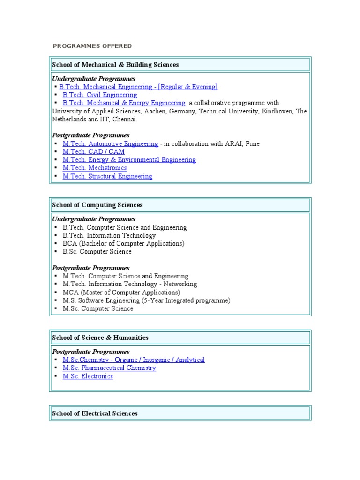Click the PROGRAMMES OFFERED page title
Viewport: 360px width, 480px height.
point(92,46)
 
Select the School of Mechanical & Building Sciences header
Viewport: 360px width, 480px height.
point(115,65)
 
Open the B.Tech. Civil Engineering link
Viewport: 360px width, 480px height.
point(100,95)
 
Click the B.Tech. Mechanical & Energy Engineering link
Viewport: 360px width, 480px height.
point(124,103)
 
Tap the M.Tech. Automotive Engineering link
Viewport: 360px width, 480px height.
point(110,143)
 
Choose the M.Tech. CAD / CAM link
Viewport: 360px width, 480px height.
point(93,151)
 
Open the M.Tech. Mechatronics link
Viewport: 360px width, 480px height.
point(94,168)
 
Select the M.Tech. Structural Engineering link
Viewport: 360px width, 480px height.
point(107,176)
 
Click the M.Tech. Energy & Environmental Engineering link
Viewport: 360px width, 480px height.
point(129,160)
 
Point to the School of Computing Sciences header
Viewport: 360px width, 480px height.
point(97,205)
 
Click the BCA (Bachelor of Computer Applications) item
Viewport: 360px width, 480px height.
point(123,243)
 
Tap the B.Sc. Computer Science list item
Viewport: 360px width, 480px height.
point(97,252)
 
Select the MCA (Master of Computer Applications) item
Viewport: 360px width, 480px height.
point(121,292)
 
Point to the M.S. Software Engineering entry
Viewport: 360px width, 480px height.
point(146,300)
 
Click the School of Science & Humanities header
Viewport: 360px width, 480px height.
point(100,337)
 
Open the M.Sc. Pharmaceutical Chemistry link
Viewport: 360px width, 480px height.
point(109,368)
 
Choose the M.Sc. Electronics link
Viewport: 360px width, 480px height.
point(88,376)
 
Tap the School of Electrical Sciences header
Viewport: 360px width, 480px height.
point(95,413)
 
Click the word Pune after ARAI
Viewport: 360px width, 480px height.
point(252,143)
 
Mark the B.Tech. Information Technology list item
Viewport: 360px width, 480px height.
point(109,235)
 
